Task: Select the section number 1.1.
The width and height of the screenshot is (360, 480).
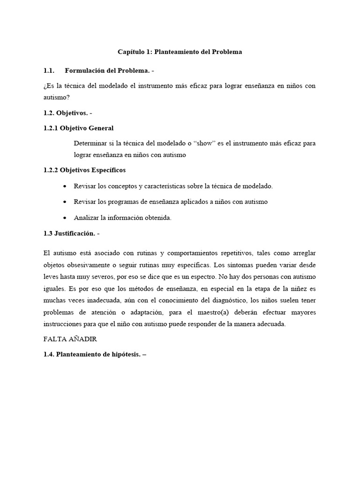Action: [49, 71]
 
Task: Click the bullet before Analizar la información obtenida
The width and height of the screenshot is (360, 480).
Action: [64, 218]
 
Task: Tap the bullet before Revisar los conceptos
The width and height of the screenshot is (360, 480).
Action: [64, 186]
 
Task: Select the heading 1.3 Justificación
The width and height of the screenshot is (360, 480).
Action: [69, 234]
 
